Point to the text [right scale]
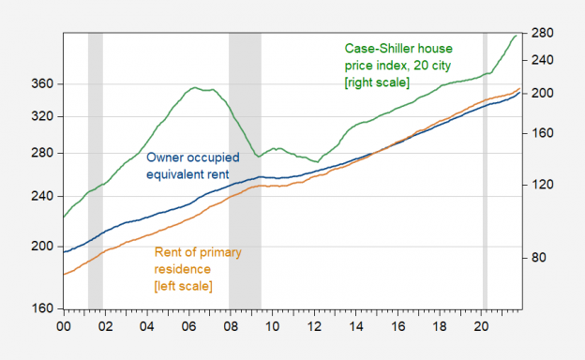tap(378, 82)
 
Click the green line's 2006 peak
tap(194, 88)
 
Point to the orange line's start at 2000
tap(64, 274)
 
